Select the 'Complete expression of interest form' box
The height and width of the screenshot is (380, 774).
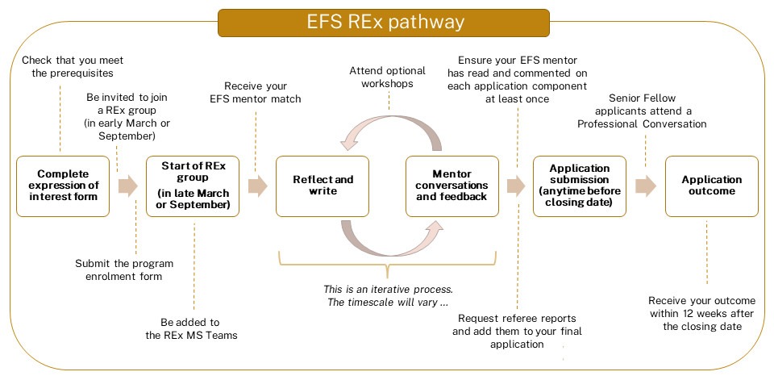pyautogui.click(x=63, y=186)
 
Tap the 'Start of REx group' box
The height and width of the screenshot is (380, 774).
pyautogui.click(x=193, y=186)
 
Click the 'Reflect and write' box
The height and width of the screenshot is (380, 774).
pyautogui.click(x=322, y=186)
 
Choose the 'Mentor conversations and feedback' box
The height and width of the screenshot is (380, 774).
pyautogui.click(x=452, y=186)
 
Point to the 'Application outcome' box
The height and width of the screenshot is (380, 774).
pyautogui.click(x=711, y=186)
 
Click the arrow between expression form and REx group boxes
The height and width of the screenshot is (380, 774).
pyautogui.click(x=127, y=187)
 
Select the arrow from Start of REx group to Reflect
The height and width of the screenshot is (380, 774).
pyautogui.click(x=257, y=187)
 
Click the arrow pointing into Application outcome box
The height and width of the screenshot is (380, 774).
pyautogui.click(x=646, y=187)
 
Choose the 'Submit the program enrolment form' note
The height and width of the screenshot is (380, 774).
pyautogui.click(x=124, y=270)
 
